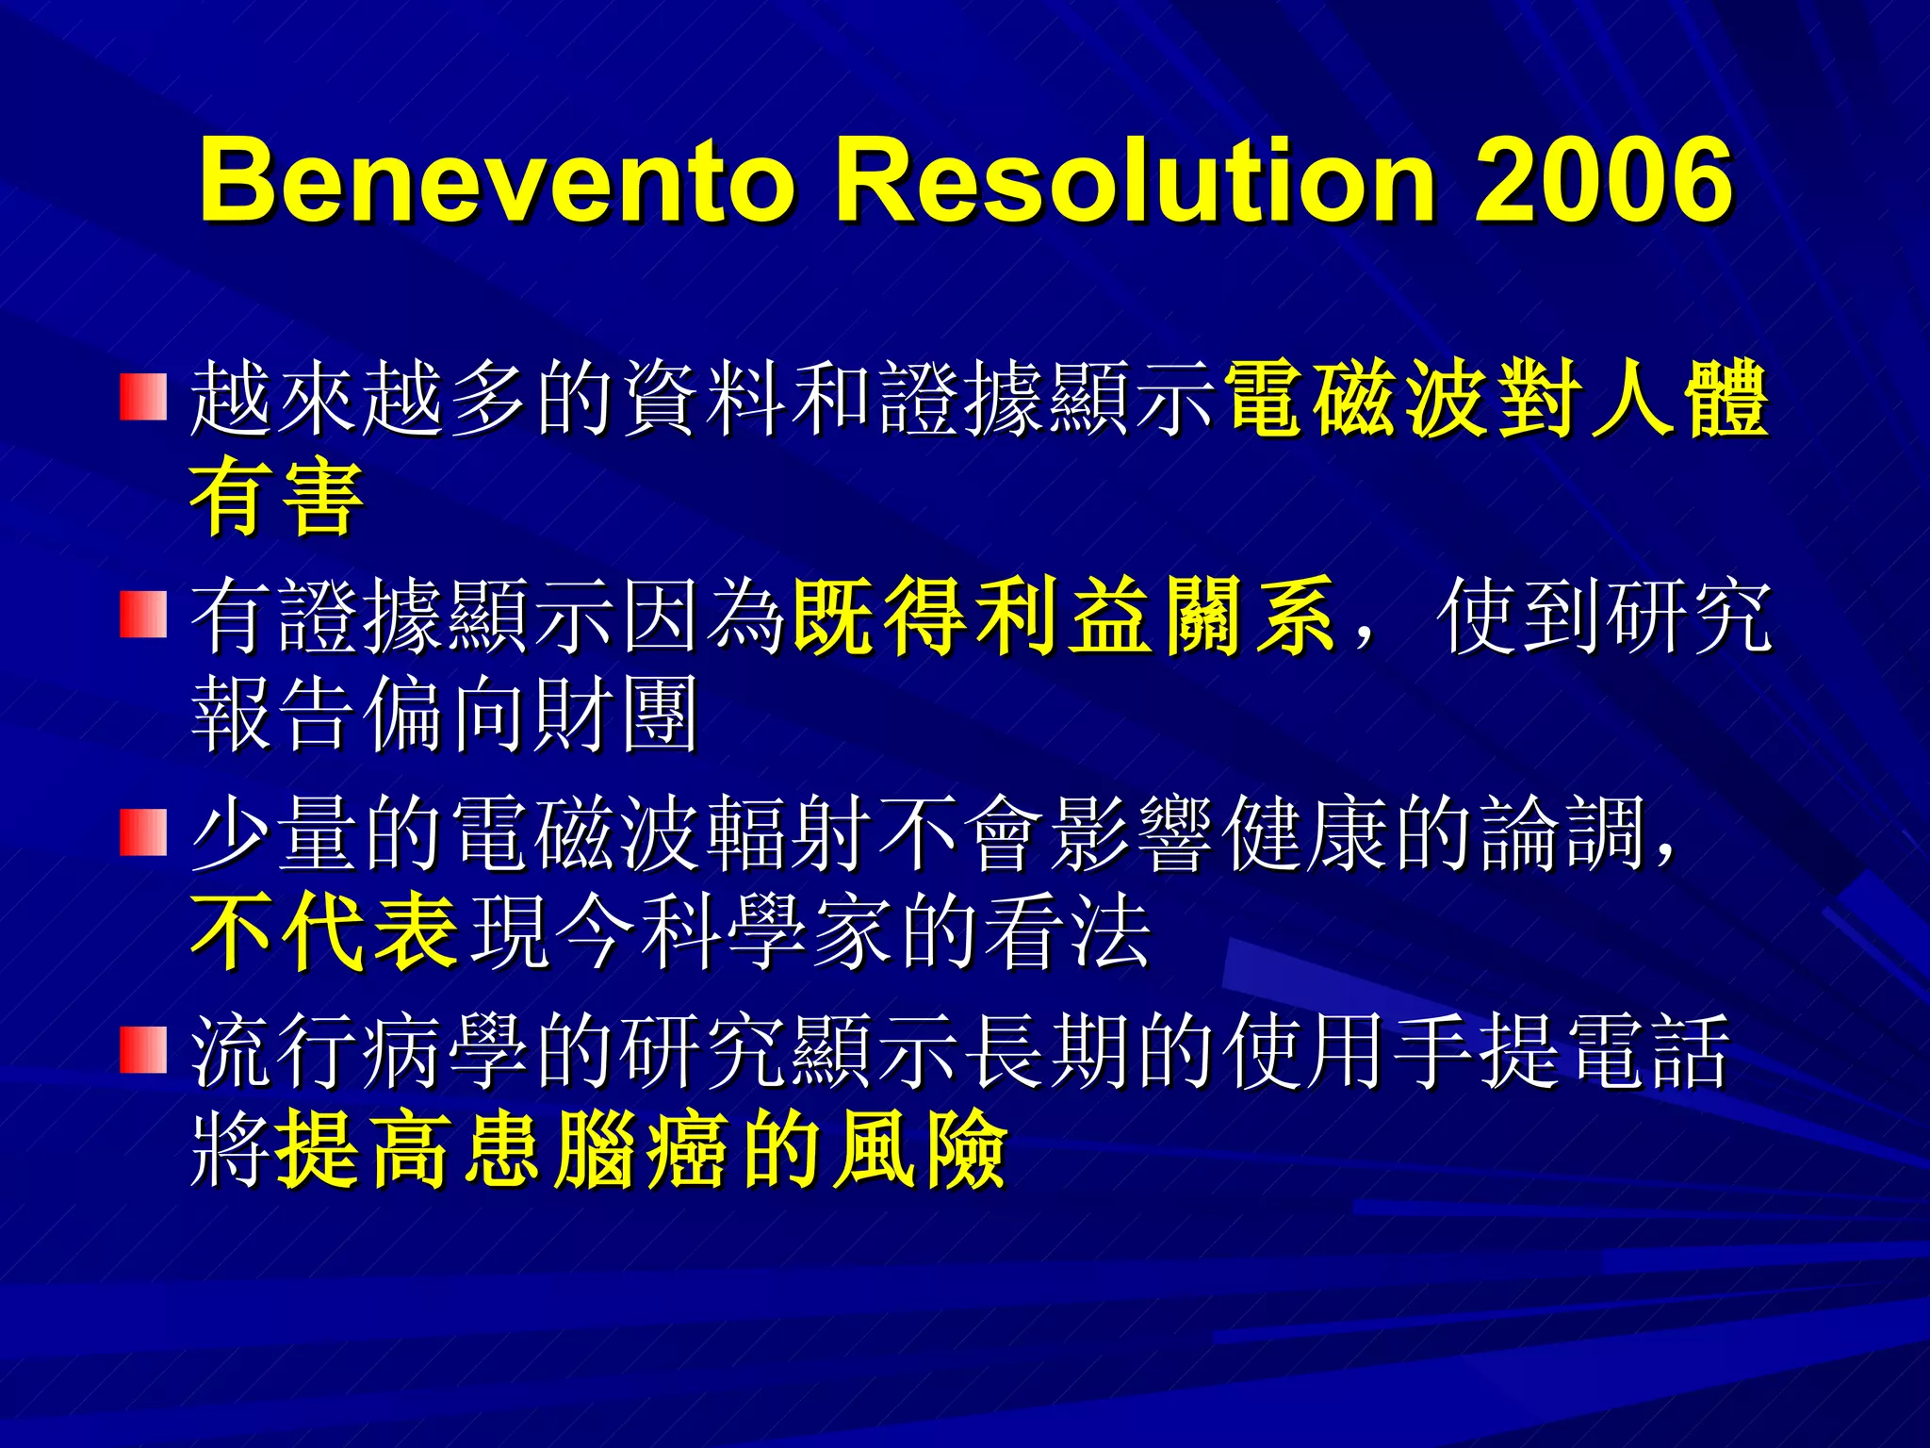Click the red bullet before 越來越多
[x=143, y=397]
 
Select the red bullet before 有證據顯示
[x=143, y=614]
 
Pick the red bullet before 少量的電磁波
[x=143, y=831]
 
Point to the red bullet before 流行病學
[x=143, y=1049]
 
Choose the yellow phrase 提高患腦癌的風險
[x=641, y=1149]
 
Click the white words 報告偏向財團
[x=445, y=715]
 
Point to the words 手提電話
[x=1560, y=1050]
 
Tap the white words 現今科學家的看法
[x=810, y=932]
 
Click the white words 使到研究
[x=1603, y=616]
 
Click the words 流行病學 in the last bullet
[x=358, y=1050]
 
